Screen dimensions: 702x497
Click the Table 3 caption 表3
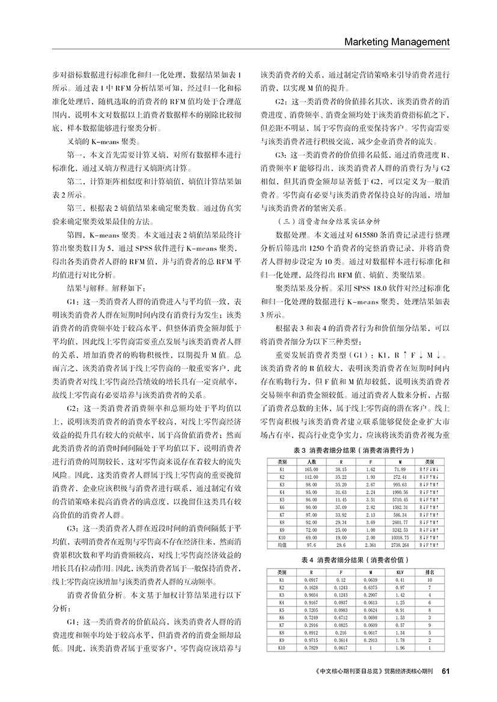pos(300,450)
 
